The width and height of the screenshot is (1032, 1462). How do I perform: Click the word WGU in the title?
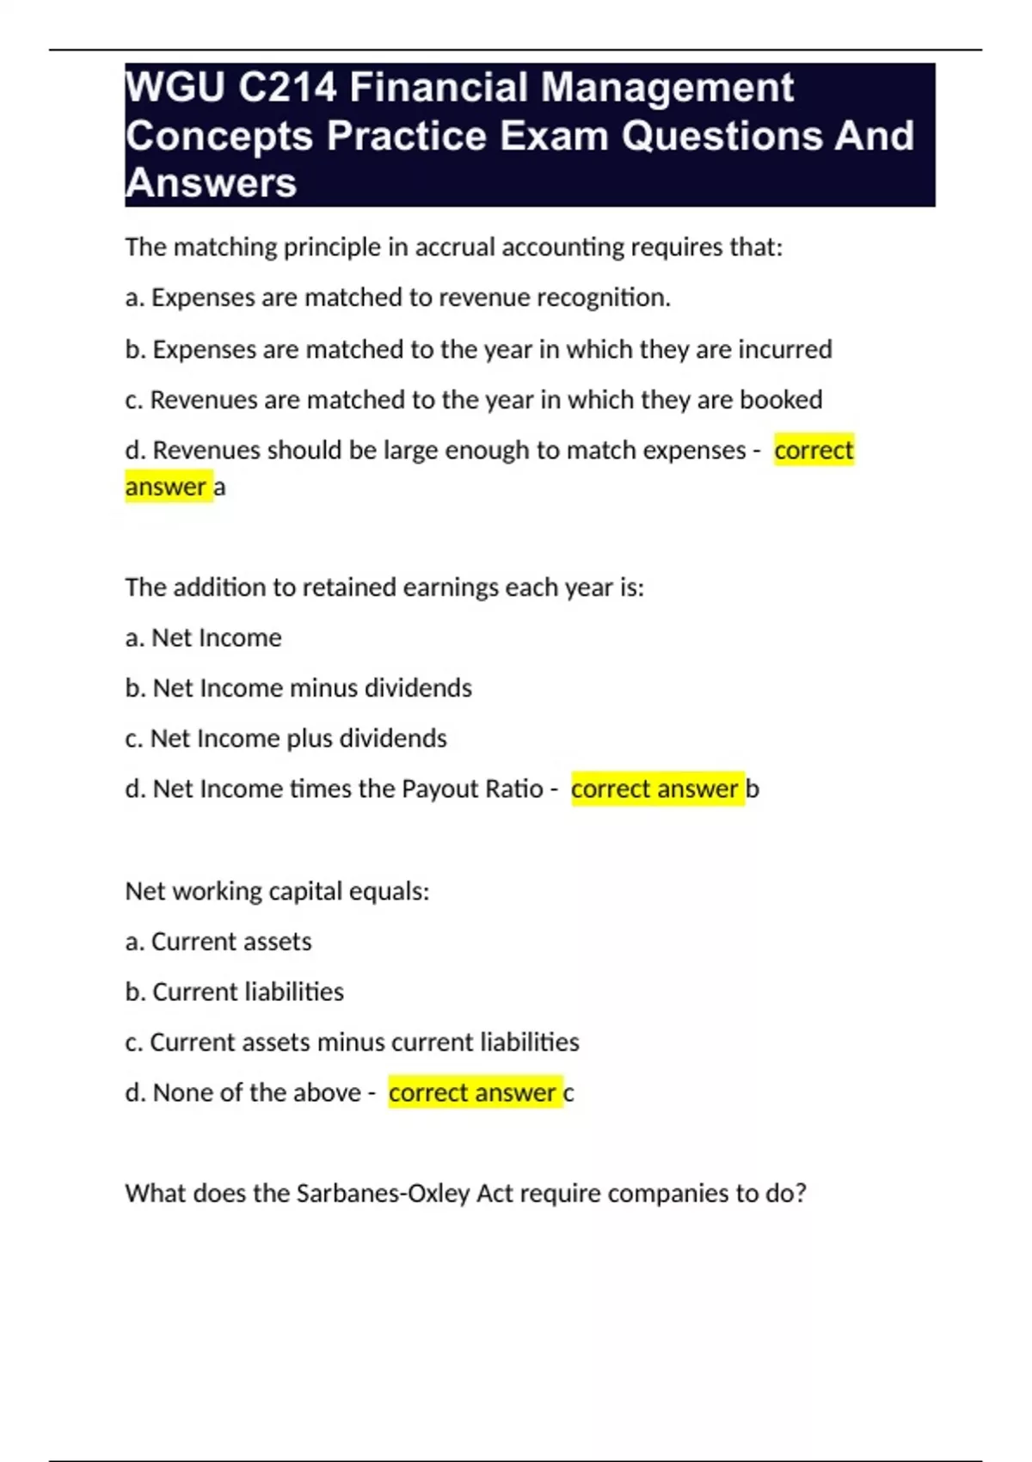pos(175,88)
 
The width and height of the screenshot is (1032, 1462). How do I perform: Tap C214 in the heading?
pos(287,88)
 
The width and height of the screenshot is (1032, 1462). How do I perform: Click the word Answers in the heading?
pos(212,183)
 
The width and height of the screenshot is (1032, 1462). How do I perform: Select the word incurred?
pos(785,349)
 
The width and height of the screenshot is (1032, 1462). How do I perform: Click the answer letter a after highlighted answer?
pos(220,488)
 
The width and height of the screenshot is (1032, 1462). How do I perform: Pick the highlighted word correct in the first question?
pos(814,450)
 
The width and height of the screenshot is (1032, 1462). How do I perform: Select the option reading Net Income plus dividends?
pos(286,739)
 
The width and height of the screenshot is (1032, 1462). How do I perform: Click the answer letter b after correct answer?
pos(752,789)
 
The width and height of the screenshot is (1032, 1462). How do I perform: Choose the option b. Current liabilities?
pos(235,992)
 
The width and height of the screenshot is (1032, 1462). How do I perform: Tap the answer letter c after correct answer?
pos(568,1093)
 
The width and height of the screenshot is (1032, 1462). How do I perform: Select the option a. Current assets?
pos(218,942)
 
